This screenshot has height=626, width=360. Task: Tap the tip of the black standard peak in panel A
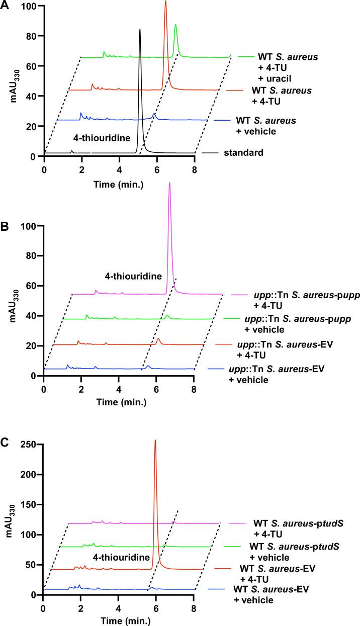coord(140,30)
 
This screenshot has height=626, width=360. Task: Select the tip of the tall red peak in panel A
coord(165,2)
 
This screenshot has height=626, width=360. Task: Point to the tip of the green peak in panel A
coord(175,25)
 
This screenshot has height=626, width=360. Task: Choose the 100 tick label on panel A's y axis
coord(29,7)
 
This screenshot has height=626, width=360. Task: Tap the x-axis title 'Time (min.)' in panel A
coord(120,184)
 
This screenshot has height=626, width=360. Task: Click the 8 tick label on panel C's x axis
coord(194,608)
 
